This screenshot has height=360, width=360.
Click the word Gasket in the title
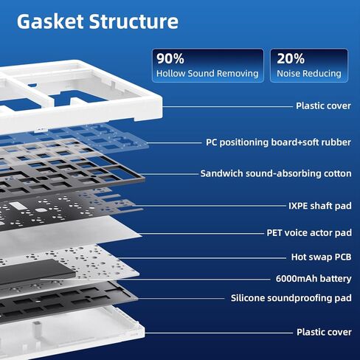point(50,21)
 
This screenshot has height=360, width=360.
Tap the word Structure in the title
point(134,21)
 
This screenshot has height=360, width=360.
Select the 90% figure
point(170,58)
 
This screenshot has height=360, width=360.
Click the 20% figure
point(291,58)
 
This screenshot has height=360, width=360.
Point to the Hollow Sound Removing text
point(207,73)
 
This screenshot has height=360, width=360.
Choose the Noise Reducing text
point(309,73)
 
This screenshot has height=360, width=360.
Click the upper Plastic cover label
point(323,105)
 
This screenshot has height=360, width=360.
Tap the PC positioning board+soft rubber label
point(278,142)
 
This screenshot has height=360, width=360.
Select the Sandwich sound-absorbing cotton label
point(276,173)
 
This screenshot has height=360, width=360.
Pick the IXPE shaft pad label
point(320,206)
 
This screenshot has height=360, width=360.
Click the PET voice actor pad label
point(309,232)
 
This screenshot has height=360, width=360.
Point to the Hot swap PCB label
point(321,257)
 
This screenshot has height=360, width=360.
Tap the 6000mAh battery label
point(314,279)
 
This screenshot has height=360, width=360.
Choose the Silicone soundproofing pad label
point(291,298)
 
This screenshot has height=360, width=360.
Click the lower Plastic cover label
point(324,332)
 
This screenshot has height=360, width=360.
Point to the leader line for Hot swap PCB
point(201,258)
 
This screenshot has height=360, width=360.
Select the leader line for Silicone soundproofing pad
point(181,299)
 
